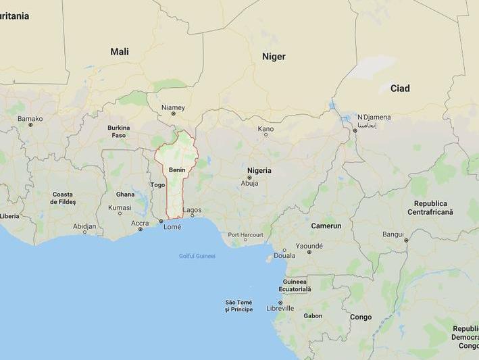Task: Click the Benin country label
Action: tap(177, 170)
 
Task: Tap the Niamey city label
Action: tap(173, 107)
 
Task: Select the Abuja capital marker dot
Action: tap(249, 177)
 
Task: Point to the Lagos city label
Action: tap(192, 210)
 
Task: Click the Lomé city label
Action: tap(172, 227)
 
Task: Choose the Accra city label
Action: tap(140, 223)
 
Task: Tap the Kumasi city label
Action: tap(120, 207)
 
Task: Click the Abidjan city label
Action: tap(84, 226)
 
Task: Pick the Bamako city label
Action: tap(30, 119)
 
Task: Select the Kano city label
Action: tap(266, 128)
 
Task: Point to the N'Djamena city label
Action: tap(374, 117)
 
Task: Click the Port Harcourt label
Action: tap(245, 234)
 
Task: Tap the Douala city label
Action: tap(284, 255)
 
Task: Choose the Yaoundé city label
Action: tap(309, 246)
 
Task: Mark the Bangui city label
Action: tap(393, 234)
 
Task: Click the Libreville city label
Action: tap(280, 308)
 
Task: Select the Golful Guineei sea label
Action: tap(197, 256)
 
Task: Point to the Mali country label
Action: tap(120, 51)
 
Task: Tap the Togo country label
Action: tap(157, 184)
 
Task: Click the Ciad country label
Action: tap(400, 88)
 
